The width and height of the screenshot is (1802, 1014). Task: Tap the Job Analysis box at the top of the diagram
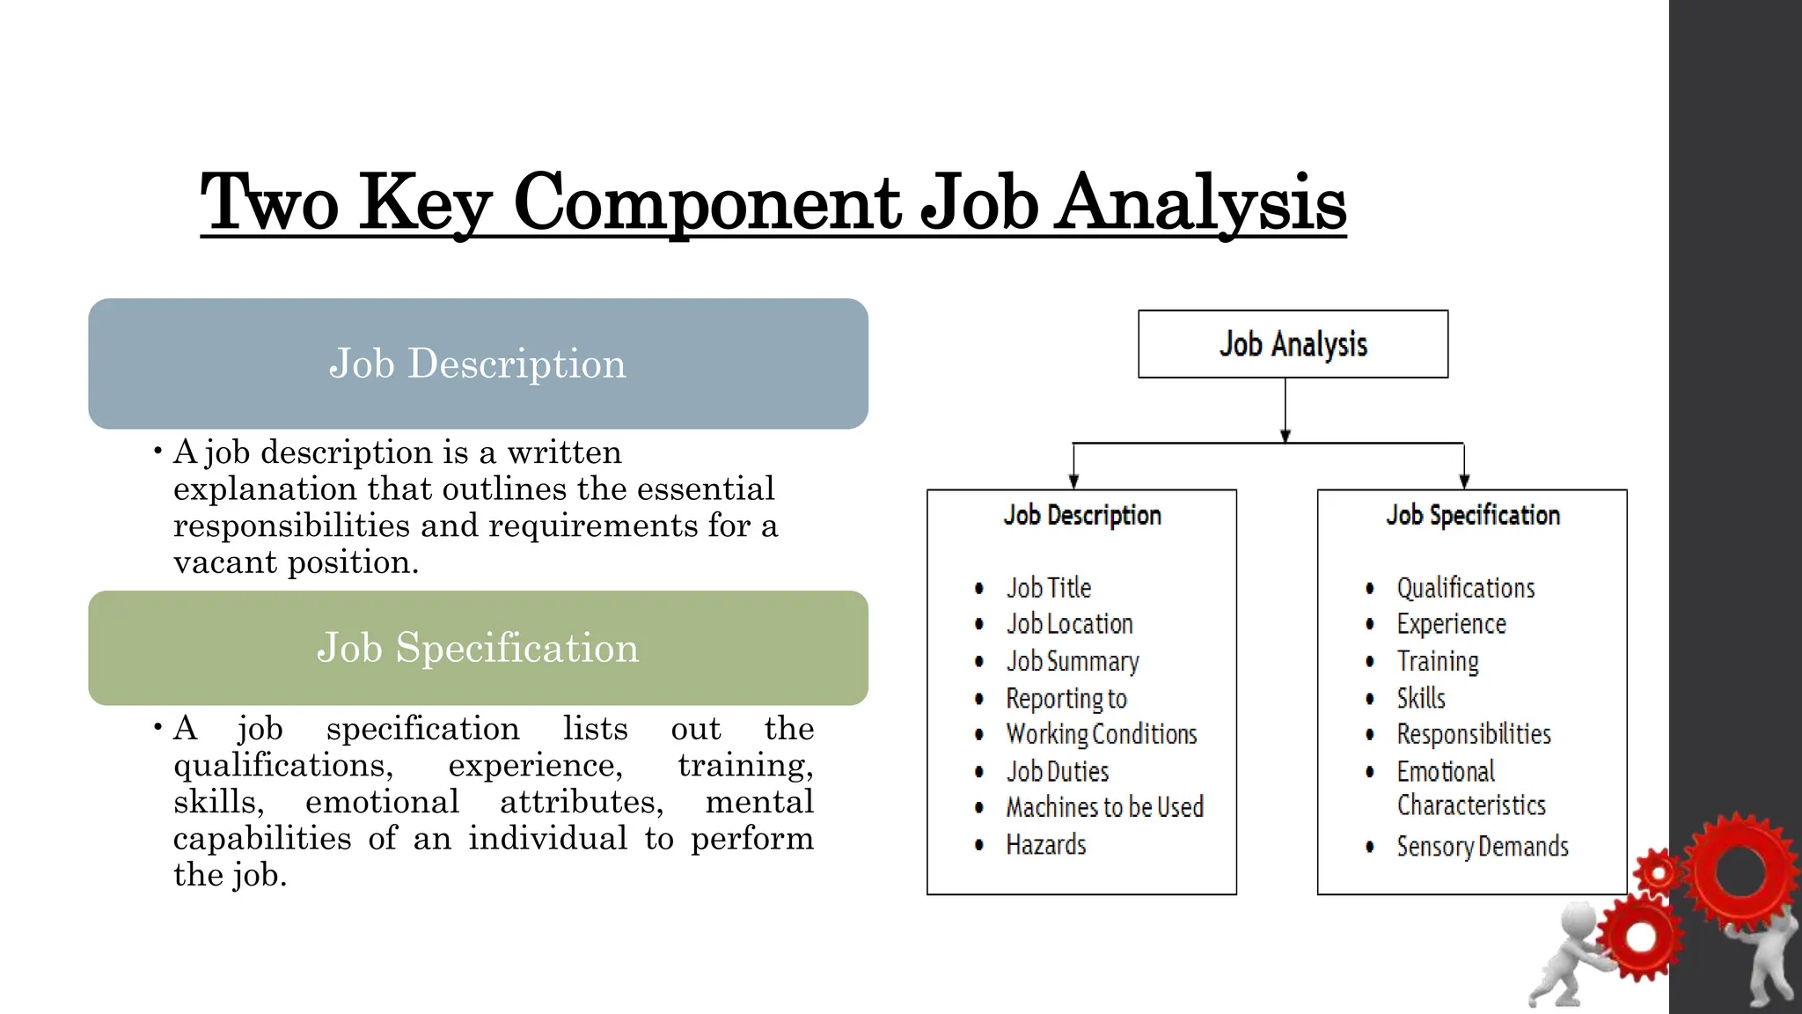(1293, 344)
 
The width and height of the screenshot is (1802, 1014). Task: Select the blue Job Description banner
(478, 364)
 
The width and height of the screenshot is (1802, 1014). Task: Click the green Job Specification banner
(478, 648)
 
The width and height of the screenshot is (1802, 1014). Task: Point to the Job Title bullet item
(1049, 588)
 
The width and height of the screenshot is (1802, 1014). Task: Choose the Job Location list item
(1070, 624)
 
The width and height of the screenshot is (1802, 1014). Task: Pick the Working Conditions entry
(1102, 734)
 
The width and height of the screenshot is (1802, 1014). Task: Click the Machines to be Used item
(1104, 807)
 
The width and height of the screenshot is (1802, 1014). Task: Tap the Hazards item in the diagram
(1046, 845)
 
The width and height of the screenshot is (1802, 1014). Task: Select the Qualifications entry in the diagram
(1466, 588)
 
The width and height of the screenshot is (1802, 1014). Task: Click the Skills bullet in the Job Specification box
(1421, 698)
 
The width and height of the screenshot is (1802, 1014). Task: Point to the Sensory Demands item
(1483, 847)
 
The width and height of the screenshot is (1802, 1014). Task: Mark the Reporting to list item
(1066, 699)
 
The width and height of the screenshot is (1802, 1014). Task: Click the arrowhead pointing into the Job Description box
(1073, 481)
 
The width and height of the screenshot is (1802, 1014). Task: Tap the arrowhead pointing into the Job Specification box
(1464, 481)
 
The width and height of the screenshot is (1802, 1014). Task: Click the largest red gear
(1740, 871)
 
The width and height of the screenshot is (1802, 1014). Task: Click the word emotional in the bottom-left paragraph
(382, 802)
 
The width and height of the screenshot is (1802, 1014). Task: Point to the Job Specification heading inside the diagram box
(1473, 515)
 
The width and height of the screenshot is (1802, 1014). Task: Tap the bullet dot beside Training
(1370, 661)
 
